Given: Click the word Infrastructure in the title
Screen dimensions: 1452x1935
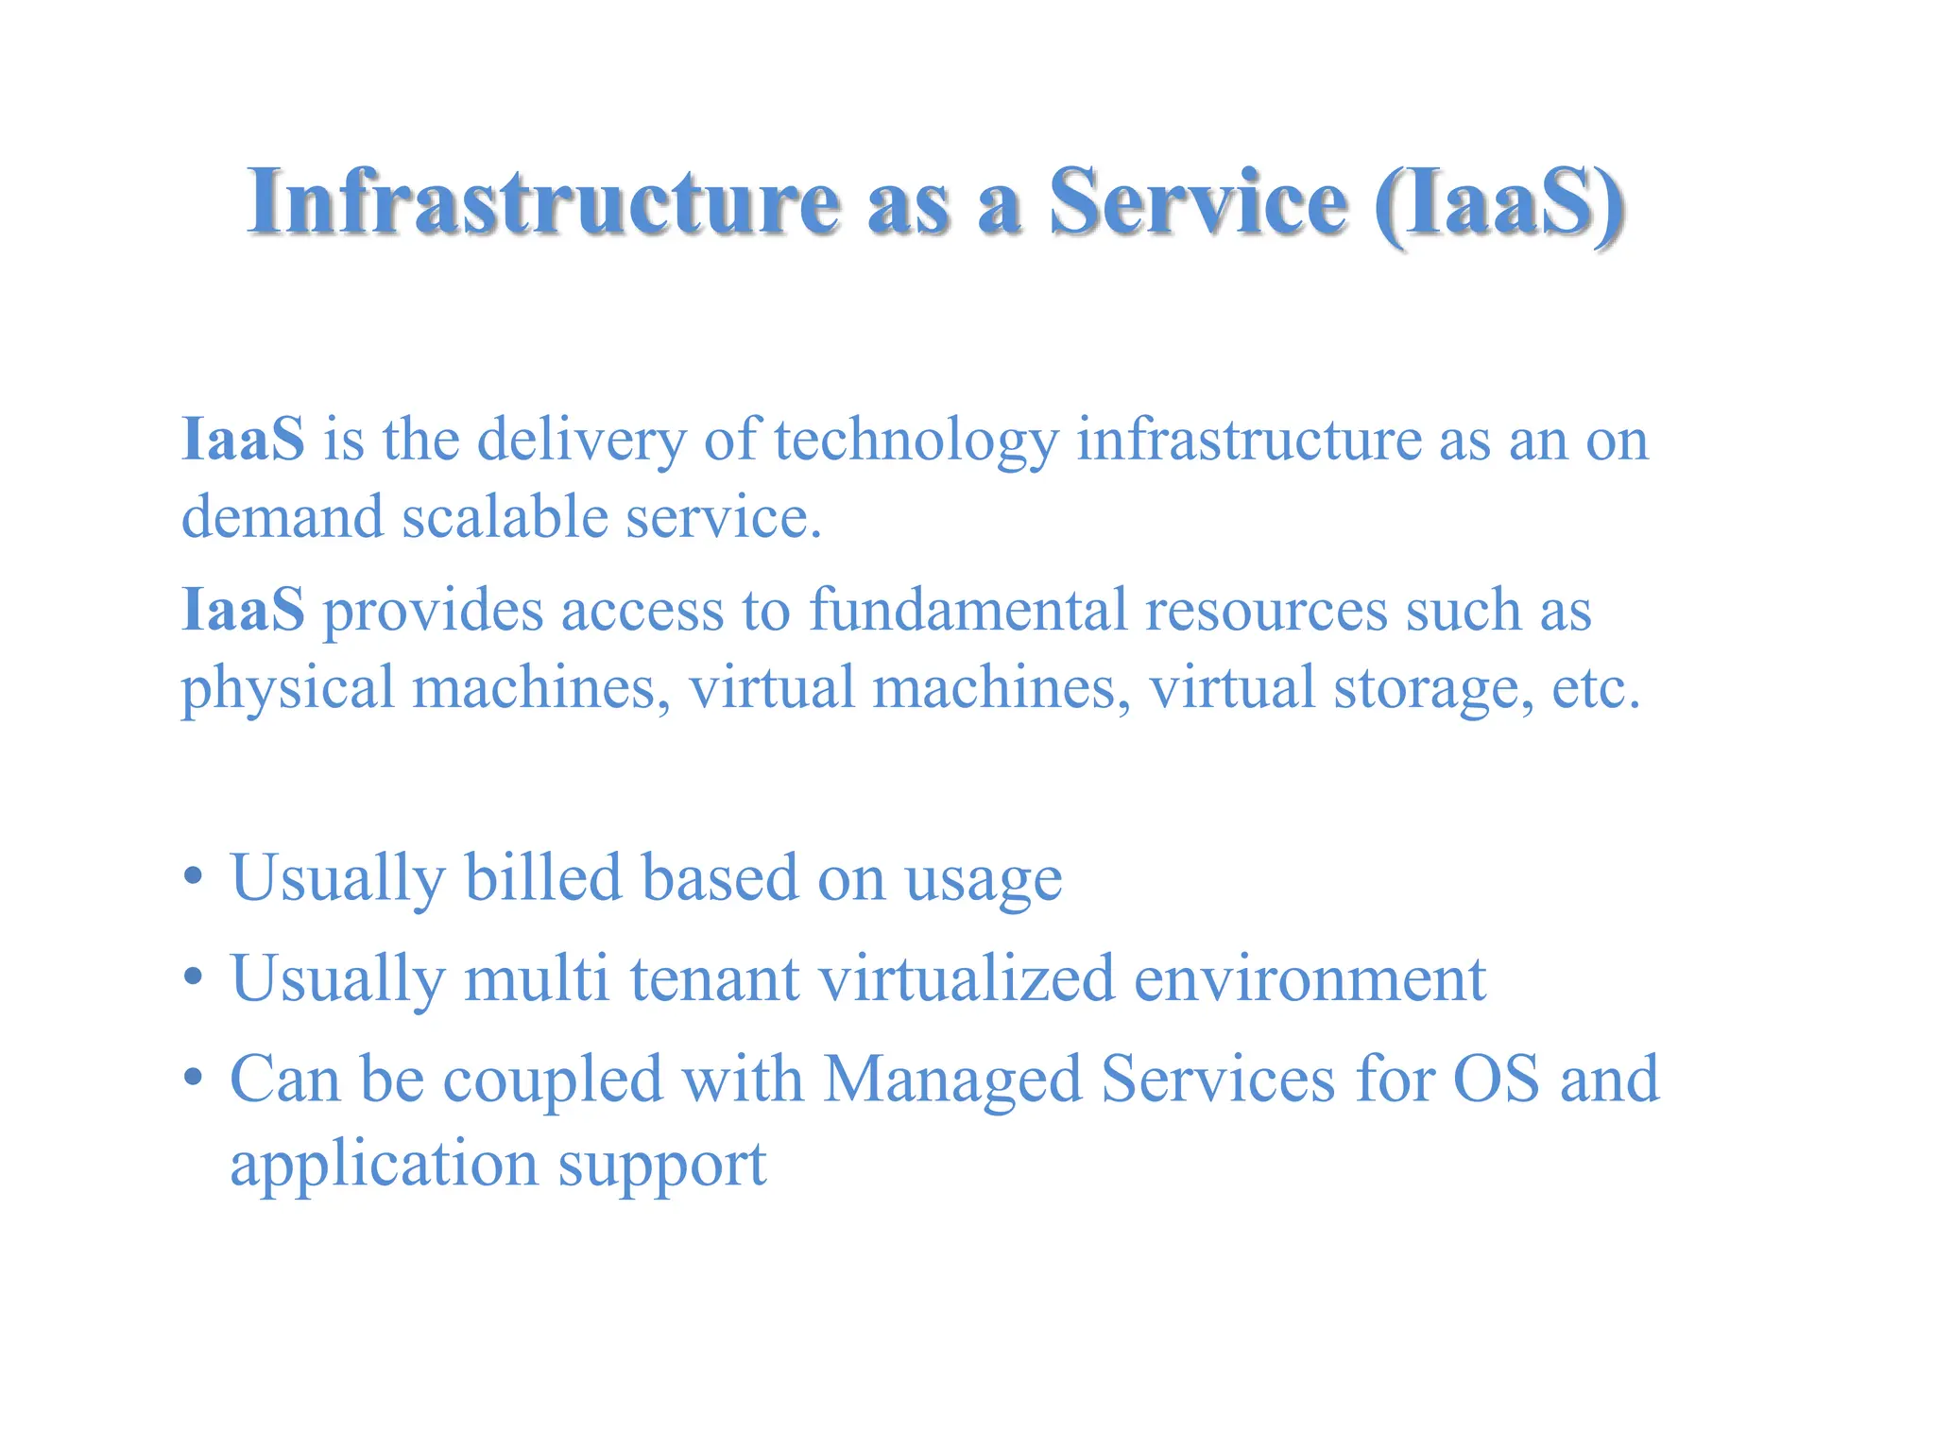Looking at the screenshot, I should point(543,201).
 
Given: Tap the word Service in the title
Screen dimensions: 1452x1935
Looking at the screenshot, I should point(1198,201).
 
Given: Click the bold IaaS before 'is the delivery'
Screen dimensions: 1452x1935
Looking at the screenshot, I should point(243,440).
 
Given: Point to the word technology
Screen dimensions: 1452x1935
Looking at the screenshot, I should point(916,441).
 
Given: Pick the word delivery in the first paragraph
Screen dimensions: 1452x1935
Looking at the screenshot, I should point(581,441).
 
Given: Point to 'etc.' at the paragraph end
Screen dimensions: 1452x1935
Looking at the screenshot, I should point(1596,688).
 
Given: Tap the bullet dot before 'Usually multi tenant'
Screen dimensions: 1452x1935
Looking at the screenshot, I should point(194,977).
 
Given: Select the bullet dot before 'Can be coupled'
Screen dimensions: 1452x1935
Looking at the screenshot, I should point(194,1077).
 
